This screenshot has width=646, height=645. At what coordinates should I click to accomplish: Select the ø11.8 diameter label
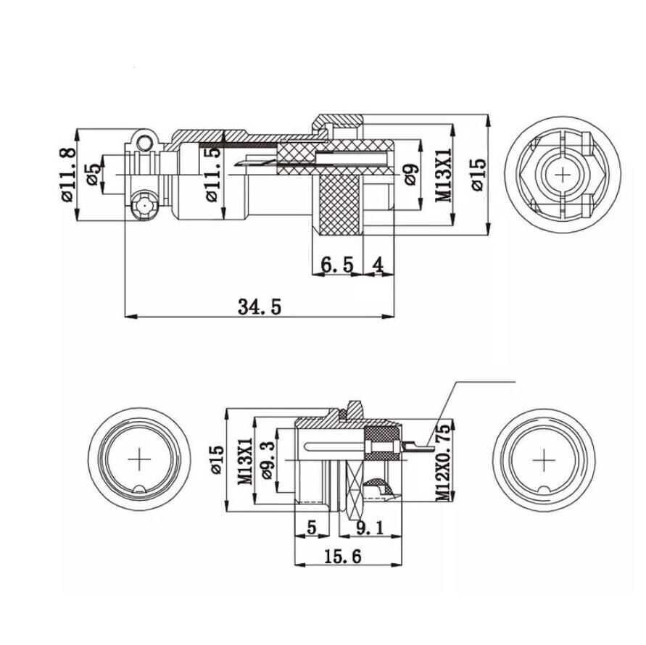[x=66, y=175]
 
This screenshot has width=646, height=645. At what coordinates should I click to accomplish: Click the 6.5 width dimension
[x=336, y=265]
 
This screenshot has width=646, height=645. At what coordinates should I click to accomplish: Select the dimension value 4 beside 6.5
[x=378, y=265]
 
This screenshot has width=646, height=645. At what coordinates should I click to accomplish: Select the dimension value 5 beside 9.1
[x=312, y=528]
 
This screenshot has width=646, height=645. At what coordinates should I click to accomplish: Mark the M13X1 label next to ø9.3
[x=245, y=459]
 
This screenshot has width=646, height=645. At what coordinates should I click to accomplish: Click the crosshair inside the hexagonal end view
[x=563, y=175]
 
